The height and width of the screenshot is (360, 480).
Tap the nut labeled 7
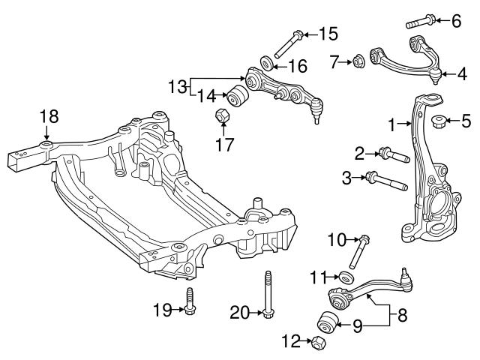[x=359, y=61]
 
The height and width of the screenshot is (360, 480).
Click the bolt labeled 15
[x=289, y=44]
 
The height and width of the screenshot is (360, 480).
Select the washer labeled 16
[x=266, y=62]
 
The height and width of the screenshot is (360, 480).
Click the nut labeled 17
[x=222, y=117]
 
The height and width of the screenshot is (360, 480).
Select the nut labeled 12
[x=316, y=342]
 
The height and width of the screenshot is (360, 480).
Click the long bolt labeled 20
[x=267, y=296]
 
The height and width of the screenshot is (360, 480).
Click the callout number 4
[x=463, y=73]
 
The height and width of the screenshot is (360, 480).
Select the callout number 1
[x=391, y=122]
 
